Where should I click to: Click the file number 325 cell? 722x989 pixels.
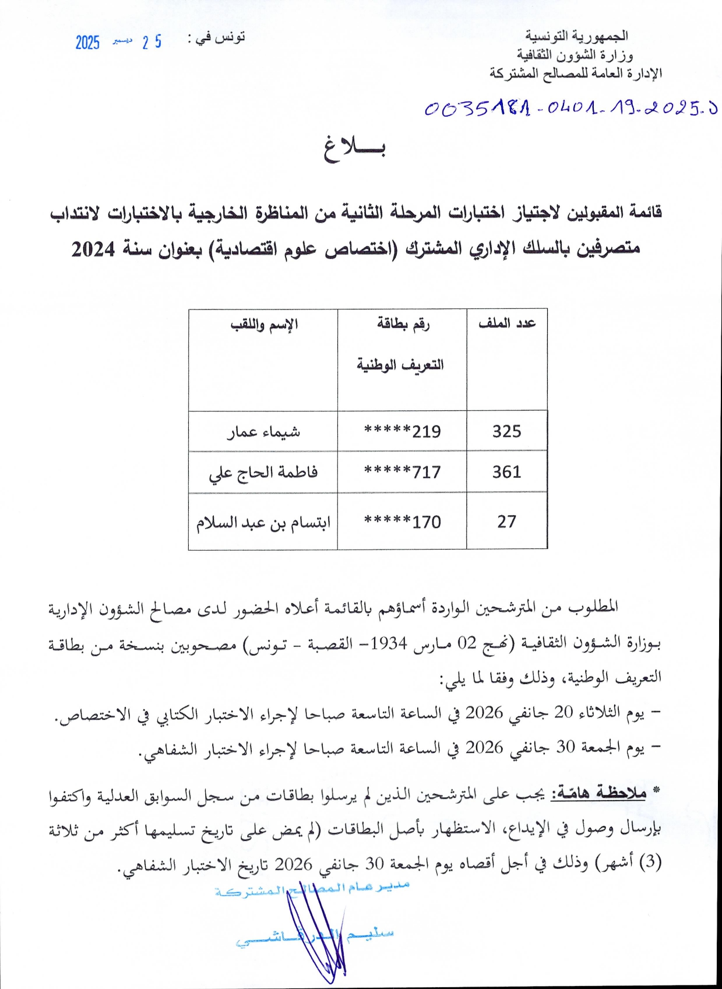[506, 431]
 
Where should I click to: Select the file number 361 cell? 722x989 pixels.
[506, 471]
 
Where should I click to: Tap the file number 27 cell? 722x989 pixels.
[506, 521]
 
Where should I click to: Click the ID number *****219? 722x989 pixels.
[402, 431]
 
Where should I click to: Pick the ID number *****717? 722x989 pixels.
[402, 471]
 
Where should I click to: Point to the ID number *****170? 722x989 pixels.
[402, 522]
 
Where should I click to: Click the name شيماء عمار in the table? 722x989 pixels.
[263, 431]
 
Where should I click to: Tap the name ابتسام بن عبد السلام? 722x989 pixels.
[263, 522]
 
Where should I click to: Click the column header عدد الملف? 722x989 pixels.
[507, 323]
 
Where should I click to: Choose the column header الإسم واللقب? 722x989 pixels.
[264, 324]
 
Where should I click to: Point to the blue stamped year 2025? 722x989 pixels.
[87, 43]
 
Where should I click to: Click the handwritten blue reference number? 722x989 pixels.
[570, 108]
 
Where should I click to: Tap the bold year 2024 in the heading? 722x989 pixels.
[93, 249]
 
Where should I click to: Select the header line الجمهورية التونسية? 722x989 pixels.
[576, 36]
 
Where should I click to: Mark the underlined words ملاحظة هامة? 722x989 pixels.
[598, 793]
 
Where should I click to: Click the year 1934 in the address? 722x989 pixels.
[389, 643]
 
